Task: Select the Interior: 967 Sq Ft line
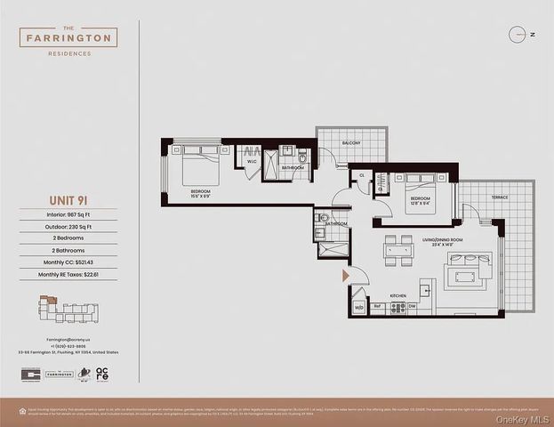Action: pyautogui.click(x=69, y=214)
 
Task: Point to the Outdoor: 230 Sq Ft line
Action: pyautogui.click(x=69, y=227)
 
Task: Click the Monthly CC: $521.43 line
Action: pyautogui.click(x=69, y=262)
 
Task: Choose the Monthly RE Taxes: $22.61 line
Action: pyautogui.click(x=69, y=275)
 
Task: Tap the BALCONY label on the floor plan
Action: pyautogui.click(x=352, y=143)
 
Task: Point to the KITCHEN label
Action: pyautogui.click(x=397, y=295)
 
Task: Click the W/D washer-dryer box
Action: pyautogui.click(x=359, y=308)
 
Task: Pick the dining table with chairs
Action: pyautogui.click(x=398, y=250)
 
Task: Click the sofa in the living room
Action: pyautogui.click(x=470, y=269)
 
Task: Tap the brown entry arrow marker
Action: pyautogui.click(x=347, y=277)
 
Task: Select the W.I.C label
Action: pyautogui.click(x=252, y=162)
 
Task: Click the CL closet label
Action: pyautogui.click(x=362, y=176)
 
